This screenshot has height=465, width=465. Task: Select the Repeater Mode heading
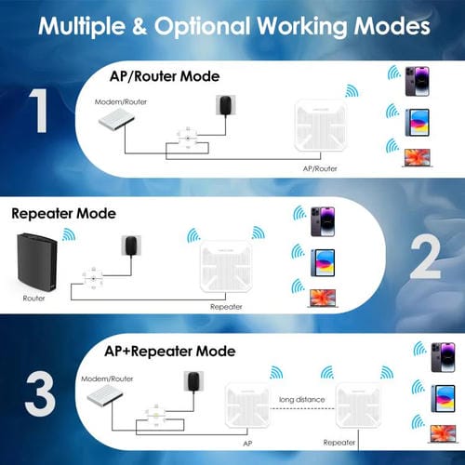click(63, 213)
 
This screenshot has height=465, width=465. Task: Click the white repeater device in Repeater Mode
click(226, 268)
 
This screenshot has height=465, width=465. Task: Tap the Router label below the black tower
click(33, 299)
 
